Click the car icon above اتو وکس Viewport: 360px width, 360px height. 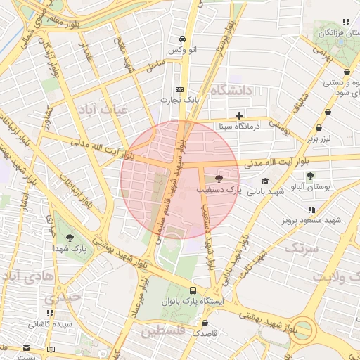(183, 39)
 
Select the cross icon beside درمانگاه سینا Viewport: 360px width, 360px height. (240, 115)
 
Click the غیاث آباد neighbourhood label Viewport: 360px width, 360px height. (103, 110)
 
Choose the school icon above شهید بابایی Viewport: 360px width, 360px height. (264, 181)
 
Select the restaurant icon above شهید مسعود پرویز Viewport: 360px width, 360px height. (311, 209)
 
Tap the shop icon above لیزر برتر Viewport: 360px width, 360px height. (320, 128)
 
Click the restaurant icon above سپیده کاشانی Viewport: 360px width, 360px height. (49, 313)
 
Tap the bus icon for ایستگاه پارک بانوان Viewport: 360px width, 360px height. (193, 290)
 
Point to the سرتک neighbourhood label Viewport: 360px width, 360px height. (301, 248)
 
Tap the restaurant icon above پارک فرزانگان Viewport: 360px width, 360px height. (345, 22)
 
